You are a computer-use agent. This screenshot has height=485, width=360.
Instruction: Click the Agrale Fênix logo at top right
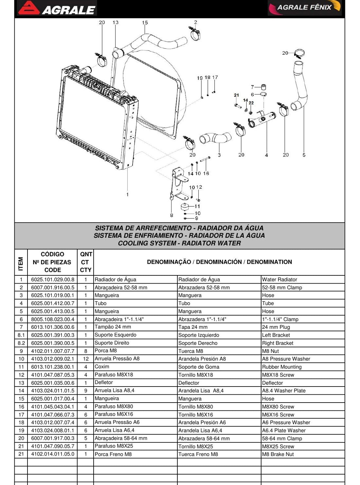pos(304,8)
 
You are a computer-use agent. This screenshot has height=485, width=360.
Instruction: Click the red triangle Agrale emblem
pos(29,8)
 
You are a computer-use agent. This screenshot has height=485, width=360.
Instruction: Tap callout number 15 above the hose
pos(145,23)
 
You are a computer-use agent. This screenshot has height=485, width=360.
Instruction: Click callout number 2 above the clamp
pos(195,22)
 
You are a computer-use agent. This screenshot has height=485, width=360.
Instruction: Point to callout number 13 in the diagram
pos(115,22)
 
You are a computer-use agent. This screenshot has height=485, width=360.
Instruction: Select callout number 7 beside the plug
pos(252,87)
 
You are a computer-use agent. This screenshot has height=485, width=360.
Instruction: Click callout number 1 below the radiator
pos(127,194)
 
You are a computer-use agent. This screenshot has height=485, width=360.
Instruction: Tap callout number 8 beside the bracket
pos(171,215)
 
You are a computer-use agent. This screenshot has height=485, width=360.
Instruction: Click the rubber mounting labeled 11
pos(185,207)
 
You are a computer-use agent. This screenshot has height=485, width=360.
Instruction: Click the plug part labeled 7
pos(264,87)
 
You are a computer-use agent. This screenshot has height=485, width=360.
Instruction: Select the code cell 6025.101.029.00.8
pos(52,279)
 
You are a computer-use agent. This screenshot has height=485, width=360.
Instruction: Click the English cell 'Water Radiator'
pos(279,279)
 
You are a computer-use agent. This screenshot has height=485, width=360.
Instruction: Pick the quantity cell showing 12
pos(85,359)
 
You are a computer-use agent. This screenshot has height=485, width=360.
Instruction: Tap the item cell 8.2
pos(21,343)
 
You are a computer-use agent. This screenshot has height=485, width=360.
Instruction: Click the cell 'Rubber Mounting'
pos(282,367)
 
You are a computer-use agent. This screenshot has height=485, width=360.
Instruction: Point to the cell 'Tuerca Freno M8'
pos(198,454)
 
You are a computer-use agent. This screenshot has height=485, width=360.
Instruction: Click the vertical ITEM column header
pos(21,264)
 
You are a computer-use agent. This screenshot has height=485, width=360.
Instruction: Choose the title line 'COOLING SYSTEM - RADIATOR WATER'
pos(179,243)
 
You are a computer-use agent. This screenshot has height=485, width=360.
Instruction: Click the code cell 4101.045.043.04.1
pos(52,407)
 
